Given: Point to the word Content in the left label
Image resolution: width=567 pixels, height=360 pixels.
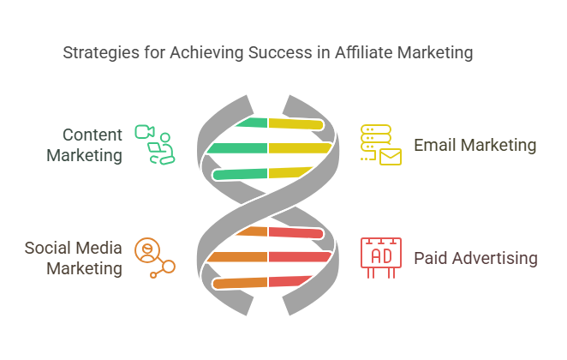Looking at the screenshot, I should [x=93, y=135].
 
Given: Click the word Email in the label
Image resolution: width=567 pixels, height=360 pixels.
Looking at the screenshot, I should [x=435, y=145].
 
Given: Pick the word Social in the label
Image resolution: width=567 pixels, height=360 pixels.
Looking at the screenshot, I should [x=48, y=249].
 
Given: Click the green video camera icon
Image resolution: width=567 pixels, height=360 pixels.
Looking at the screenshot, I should [x=144, y=132].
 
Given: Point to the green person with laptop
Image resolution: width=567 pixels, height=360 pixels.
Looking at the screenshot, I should [x=162, y=149].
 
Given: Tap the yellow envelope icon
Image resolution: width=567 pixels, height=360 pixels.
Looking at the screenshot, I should [x=391, y=156].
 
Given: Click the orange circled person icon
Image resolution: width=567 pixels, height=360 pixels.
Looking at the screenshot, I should [x=147, y=249].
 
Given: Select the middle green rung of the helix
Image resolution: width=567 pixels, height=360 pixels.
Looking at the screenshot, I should [x=238, y=148].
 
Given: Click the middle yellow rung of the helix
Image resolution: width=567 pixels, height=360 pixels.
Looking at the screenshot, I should [x=299, y=148].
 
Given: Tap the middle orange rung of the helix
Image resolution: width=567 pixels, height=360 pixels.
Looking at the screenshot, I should [x=237, y=256].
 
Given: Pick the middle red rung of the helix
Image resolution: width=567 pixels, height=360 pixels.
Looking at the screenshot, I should [x=300, y=256].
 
